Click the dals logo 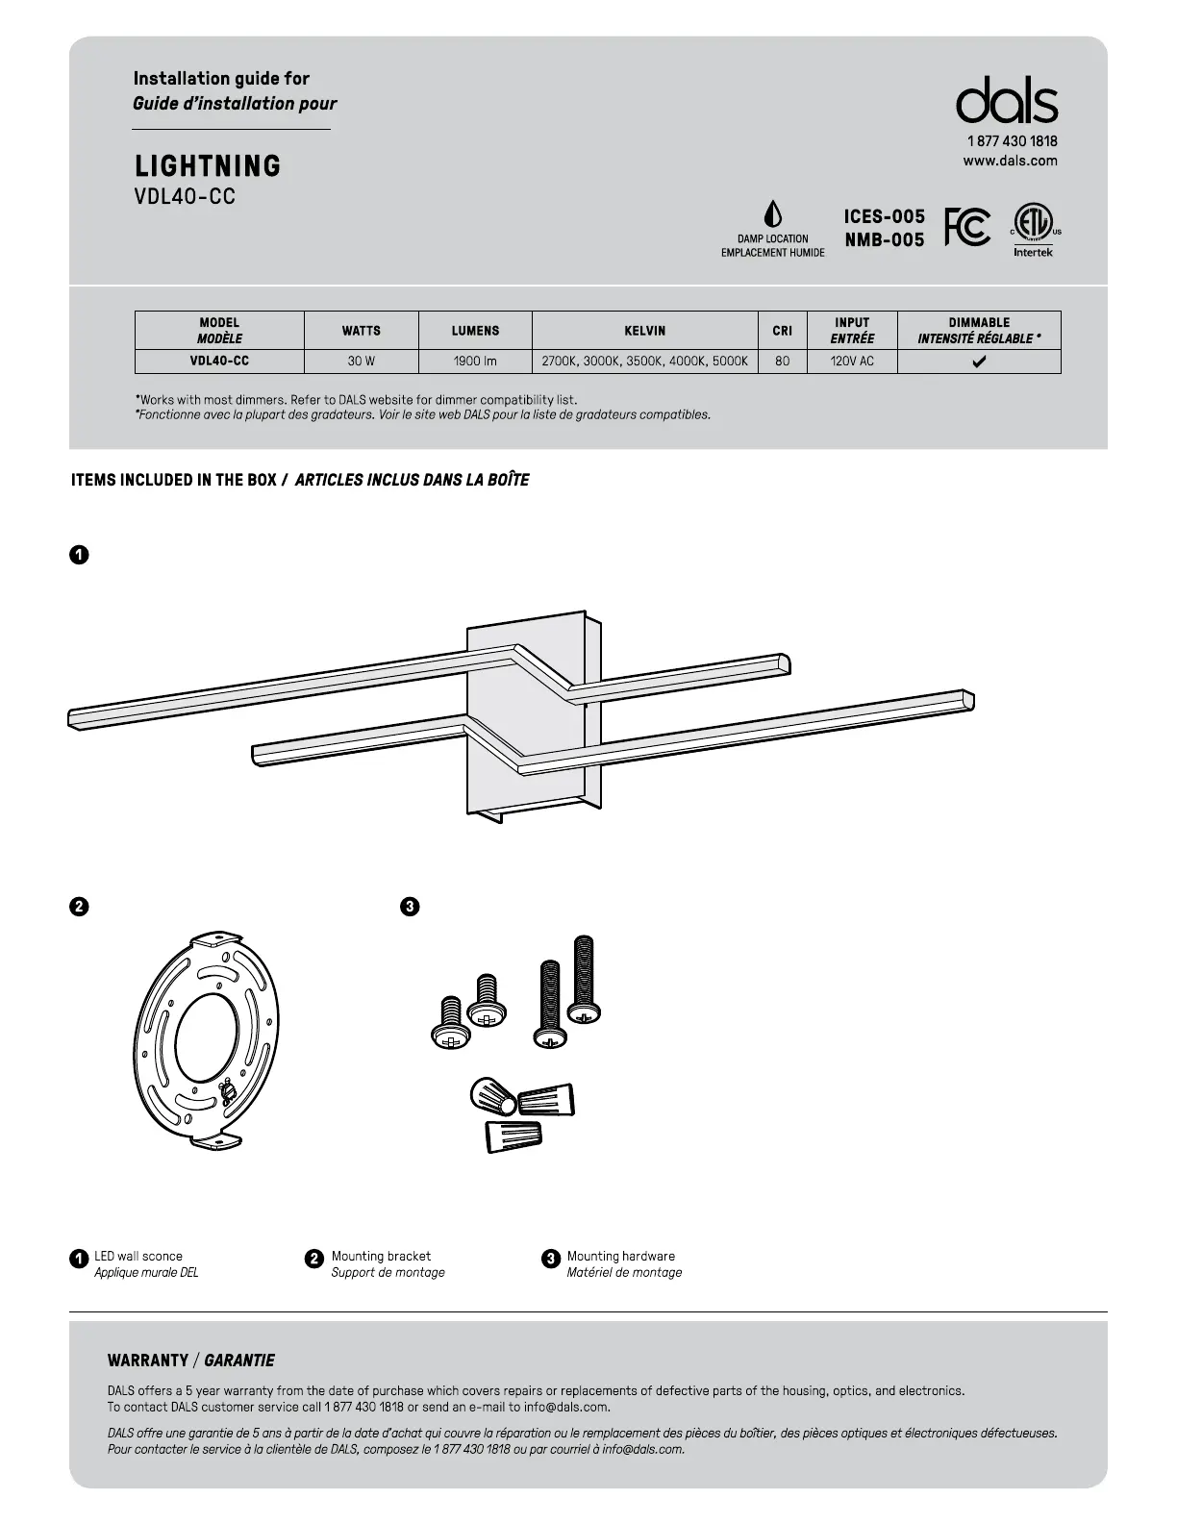(1006, 101)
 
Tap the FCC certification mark (967, 227)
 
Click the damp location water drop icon (772, 214)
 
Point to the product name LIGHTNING (208, 166)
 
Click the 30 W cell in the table (362, 362)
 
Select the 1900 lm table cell (475, 362)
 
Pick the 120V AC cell (852, 362)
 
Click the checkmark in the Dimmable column (979, 362)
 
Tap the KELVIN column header (644, 331)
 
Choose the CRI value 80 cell (783, 362)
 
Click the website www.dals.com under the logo (1010, 162)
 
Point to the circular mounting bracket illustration (206, 1038)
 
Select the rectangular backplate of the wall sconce (534, 721)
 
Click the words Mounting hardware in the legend (620, 1256)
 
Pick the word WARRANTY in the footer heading (148, 1361)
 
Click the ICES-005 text (884, 217)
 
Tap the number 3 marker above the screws (410, 907)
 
